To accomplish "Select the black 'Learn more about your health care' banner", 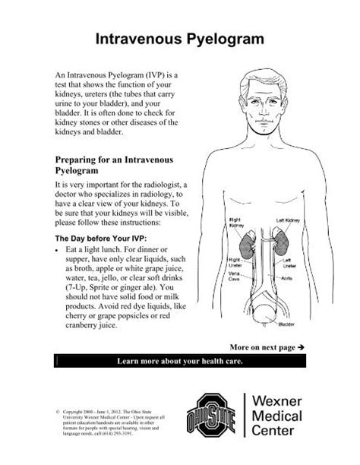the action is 180,359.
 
